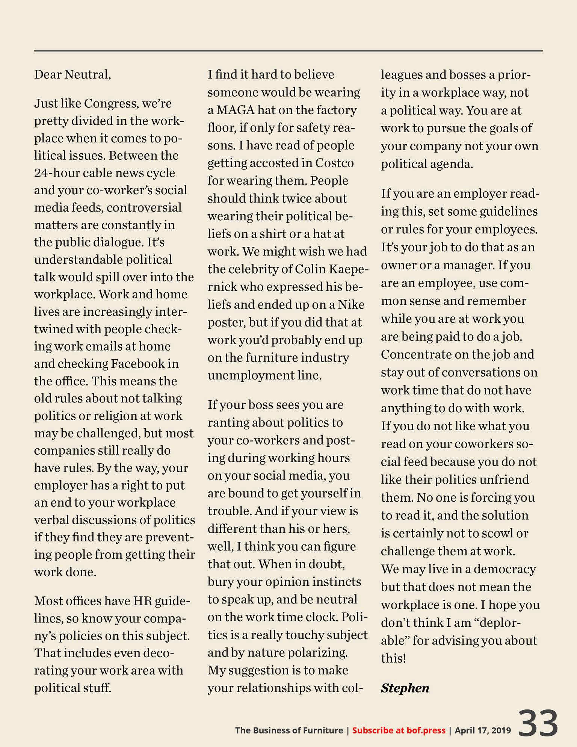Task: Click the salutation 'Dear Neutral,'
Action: [73, 74]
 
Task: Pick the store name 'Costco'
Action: [334, 163]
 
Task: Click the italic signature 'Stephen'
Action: [405, 688]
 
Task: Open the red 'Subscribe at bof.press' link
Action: [399, 730]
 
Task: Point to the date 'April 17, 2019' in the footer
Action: [483, 730]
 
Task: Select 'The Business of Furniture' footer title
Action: [289, 730]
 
